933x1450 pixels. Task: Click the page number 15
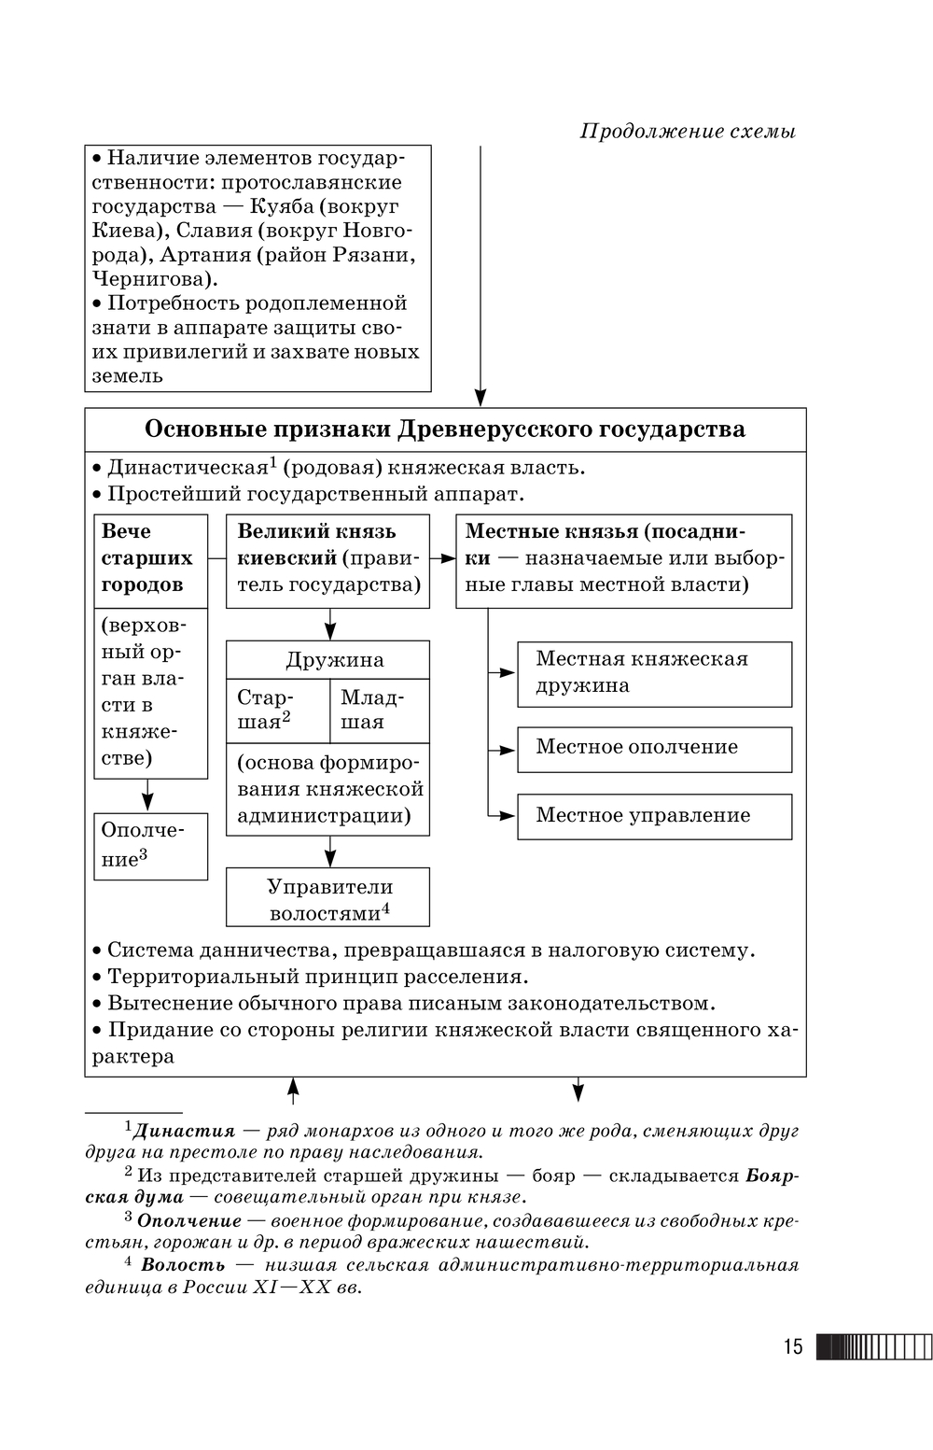pyautogui.click(x=792, y=1346)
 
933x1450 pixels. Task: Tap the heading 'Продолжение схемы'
pyautogui.click(x=688, y=131)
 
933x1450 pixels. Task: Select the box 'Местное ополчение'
pyautogui.click(x=654, y=748)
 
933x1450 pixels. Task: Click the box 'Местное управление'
pyautogui.click(x=654, y=816)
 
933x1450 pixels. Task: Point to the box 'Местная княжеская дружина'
pyautogui.click(x=654, y=673)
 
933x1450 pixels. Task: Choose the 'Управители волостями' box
pyautogui.click(x=328, y=898)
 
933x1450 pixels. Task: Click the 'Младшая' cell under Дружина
pyautogui.click(x=379, y=710)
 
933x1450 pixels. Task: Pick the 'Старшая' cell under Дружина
pyautogui.click(x=277, y=710)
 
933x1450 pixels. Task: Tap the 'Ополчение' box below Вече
pyautogui.click(x=150, y=845)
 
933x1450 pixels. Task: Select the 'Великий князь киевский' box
pyautogui.click(x=328, y=559)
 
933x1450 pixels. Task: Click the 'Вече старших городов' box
pyautogui.click(x=150, y=558)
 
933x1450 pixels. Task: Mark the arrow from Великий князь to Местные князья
pyautogui.click(x=442, y=559)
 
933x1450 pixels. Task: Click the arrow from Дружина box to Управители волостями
pyautogui.click(x=329, y=851)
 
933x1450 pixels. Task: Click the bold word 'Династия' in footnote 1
pyautogui.click(x=184, y=1132)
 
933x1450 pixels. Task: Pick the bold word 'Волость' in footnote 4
pyautogui.click(x=183, y=1265)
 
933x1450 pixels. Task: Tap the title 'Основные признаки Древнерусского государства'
pyautogui.click(x=445, y=429)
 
